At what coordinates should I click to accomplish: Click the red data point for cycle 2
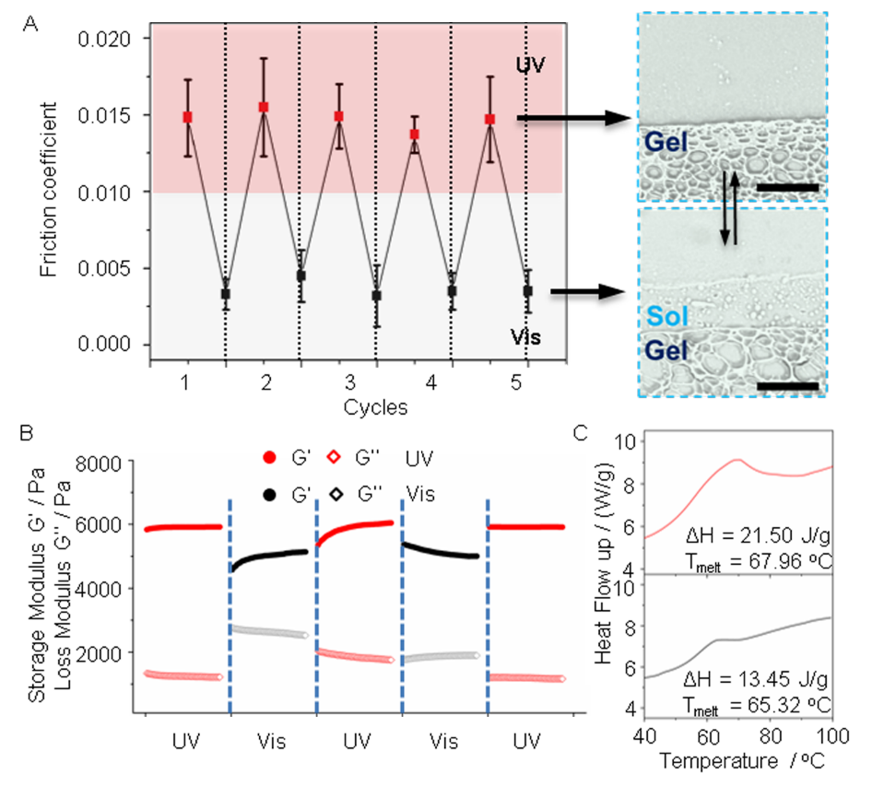click(x=264, y=107)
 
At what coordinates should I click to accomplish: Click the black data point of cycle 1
click(x=226, y=293)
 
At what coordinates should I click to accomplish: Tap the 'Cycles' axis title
click(x=375, y=405)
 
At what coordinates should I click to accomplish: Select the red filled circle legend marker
click(x=269, y=457)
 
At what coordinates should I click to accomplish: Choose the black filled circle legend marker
click(x=269, y=495)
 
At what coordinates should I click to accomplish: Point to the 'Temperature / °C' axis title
click(x=736, y=762)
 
